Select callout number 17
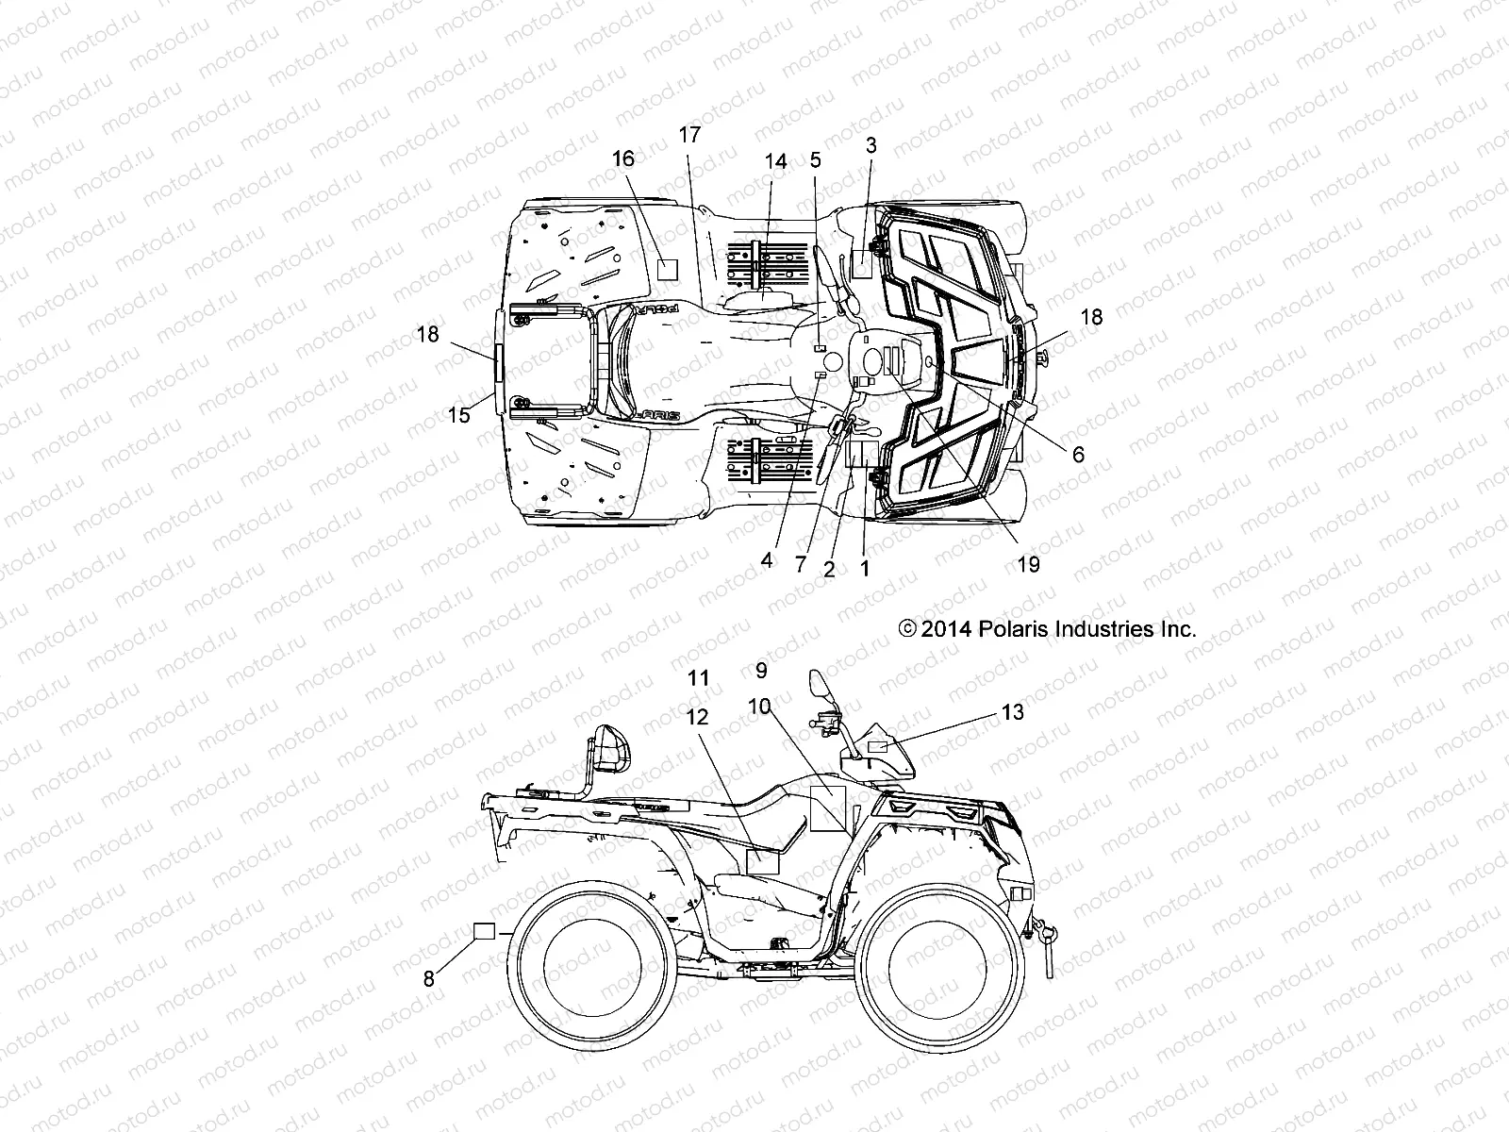[x=689, y=135]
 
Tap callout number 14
[x=775, y=161]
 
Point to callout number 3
[x=871, y=145]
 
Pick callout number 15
[x=458, y=415]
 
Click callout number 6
[x=1078, y=454]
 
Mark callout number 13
[x=1012, y=712]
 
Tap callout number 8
[x=429, y=978]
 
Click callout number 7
[x=801, y=564]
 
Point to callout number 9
[x=761, y=671]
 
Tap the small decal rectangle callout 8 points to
[x=484, y=932]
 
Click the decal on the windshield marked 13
[x=877, y=747]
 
